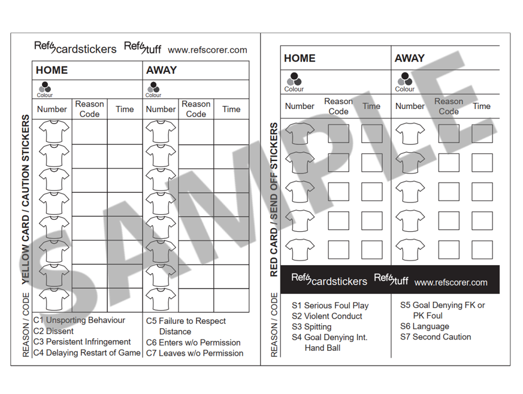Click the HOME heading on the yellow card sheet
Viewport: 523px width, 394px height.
click(x=52, y=70)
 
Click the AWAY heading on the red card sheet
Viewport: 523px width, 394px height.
click(x=409, y=58)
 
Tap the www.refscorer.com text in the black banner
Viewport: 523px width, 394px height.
click(x=451, y=282)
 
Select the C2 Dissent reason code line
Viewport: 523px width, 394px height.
click(x=53, y=331)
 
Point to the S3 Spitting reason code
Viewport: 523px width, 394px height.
click(x=312, y=327)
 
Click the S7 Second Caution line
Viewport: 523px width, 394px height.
click(x=436, y=337)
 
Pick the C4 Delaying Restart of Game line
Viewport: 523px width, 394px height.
click(x=86, y=353)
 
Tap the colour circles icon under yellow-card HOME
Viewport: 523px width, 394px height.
click(x=45, y=88)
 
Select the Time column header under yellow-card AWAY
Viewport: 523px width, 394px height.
click(x=231, y=109)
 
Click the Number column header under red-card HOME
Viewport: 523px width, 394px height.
click(x=300, y=106)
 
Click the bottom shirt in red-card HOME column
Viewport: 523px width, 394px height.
click(x=300, y=249)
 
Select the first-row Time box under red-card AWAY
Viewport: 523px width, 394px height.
click(x=482, y=134)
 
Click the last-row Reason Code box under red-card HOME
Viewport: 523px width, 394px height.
click(x=338, y=249)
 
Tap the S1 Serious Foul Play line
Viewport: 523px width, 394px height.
click(x=330, y=305)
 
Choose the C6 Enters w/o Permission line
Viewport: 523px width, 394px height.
click(x=193, y=343)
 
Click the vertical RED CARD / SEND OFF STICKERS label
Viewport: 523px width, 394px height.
click(x=274, y=200)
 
